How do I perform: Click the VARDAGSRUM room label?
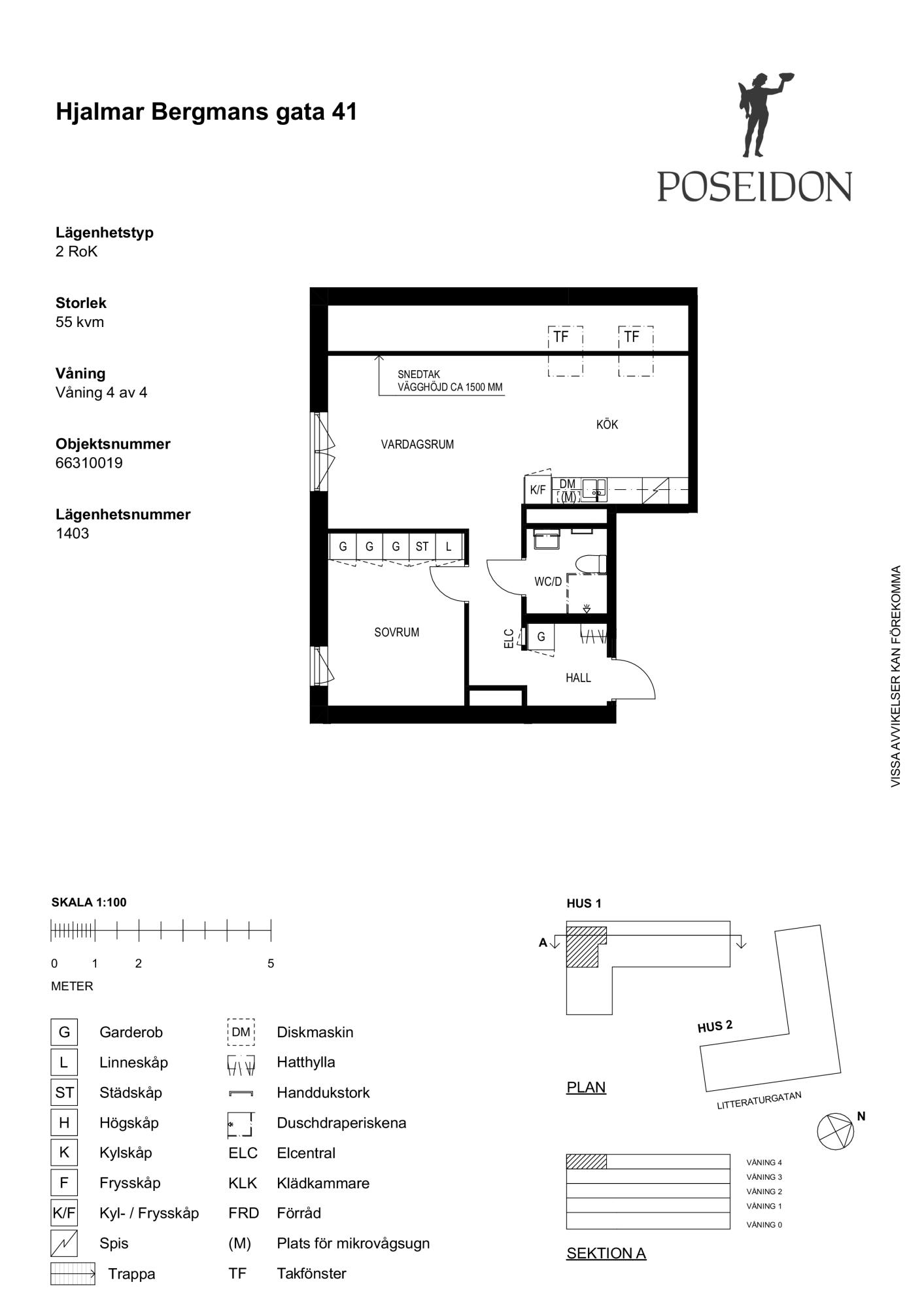pos(417,445)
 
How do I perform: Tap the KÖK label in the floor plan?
pos(607,424)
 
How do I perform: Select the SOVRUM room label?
pos(396,632)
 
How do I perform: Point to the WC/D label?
pos(548,581)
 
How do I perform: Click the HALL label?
pos(578,678)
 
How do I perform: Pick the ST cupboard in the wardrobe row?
pos(422,546)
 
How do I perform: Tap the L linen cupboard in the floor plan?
pos(449,546)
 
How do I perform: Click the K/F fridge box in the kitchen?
pos(538,489)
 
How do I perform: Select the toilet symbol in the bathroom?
pos(592,564)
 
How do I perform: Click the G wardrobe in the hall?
pos(541,636)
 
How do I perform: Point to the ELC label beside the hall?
pos(509,638)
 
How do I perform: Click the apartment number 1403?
pos(73,533)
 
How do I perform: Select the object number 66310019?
pos(89,463)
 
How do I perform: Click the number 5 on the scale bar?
pos(271,963)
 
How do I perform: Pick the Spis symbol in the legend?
pos(64,1243)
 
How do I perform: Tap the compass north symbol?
pos(836,1131)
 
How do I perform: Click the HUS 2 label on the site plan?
pos(715,1026)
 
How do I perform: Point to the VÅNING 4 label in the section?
pos(764,1163)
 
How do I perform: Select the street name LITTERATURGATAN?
pos(759,1101)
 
